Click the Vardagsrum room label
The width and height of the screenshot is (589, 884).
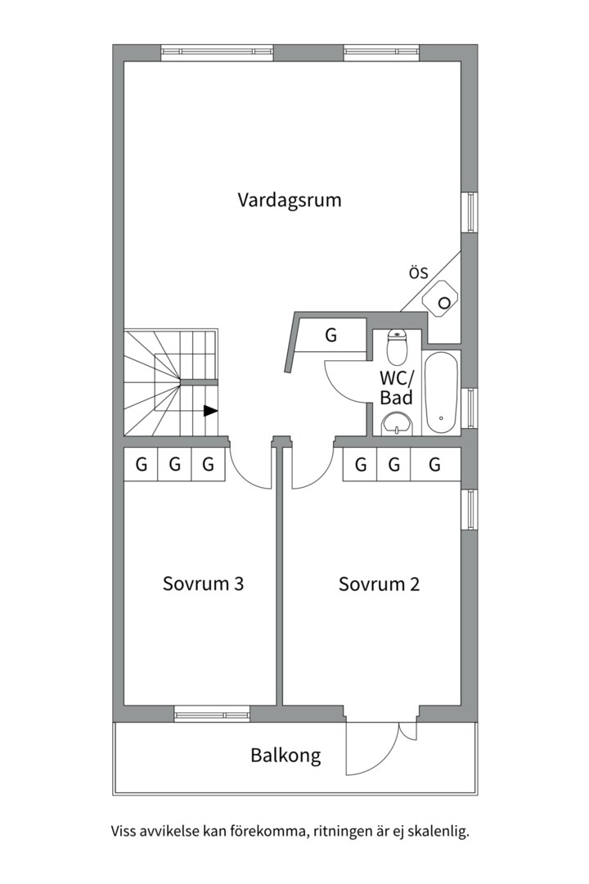point(289,201)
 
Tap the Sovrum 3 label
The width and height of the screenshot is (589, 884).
point(203,583)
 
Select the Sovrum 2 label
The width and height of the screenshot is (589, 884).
point(379,584)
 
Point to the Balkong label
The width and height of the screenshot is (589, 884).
point(286,755)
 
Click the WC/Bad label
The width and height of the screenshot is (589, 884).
point(396,387)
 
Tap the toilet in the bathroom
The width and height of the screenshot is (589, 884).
point(398,347)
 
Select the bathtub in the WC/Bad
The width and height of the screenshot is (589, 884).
point(441,393)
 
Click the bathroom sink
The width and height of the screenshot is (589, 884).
point(398,424)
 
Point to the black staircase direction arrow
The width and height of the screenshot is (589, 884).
point(210,411)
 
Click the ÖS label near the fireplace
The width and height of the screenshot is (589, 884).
point(418,273)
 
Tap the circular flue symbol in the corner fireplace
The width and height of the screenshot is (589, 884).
point(445,303)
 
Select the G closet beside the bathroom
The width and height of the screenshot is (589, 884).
point(331,336)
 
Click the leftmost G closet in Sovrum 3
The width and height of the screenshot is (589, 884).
point(141,465)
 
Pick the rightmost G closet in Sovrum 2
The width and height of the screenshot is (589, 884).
point(435,465)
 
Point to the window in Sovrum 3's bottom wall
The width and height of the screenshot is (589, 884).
point(212,714)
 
